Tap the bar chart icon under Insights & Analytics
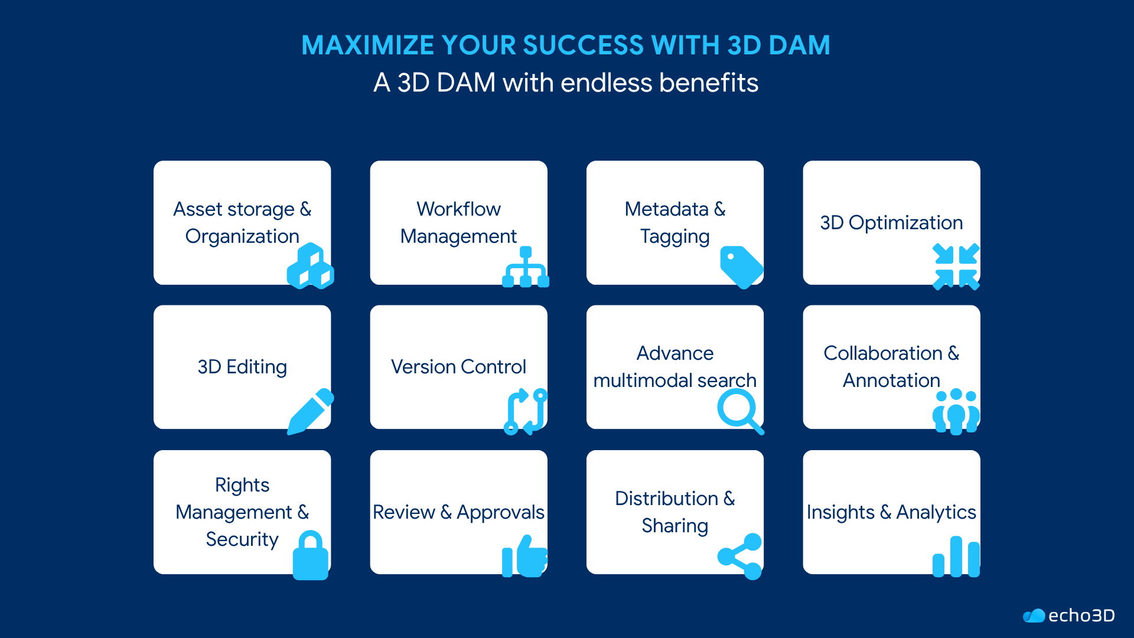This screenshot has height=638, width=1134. click(956, 556)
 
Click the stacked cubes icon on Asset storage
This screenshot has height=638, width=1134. click(311, 266)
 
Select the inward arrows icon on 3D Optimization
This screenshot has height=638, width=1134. click(956, 266)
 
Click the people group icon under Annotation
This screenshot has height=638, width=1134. click(956, 411)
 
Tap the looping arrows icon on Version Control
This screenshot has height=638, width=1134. click(525, 411)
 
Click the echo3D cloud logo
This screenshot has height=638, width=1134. click(1034, 616)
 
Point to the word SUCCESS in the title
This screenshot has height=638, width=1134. click(584, 45)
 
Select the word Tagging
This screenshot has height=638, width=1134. click(675, 236)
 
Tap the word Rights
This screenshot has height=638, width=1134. click(242, 485)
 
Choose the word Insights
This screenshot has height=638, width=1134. click(840, 512)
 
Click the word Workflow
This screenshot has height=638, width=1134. click(458, 209)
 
